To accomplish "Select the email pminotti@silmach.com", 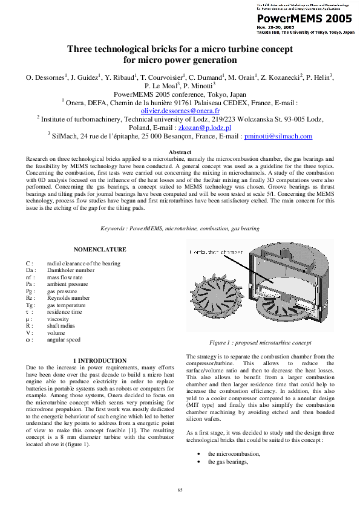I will pyautogui.click(x=278, y=137).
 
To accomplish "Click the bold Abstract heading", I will pyautogui.click(x=180, y=152).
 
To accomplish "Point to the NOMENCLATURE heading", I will pyautogui.click(x=100, y=249).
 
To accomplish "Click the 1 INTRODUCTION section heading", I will pyautogui.click(x=99, y=361).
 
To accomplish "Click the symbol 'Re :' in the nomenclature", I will pyautogui.click(x=30, y=298).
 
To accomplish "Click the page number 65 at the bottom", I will pyautogui.click(x=180, y=489).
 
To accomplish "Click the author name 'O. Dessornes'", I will pyautogui.click(x=44, y=77).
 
